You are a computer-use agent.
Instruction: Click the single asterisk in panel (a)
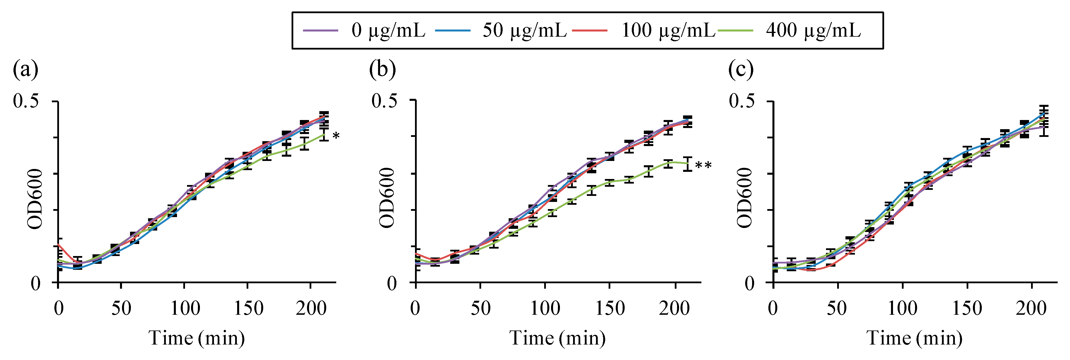[x=336, y=136]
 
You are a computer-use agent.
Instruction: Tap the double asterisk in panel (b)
[x=703, y=166]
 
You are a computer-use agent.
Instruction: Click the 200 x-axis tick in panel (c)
[x=1031, y=308]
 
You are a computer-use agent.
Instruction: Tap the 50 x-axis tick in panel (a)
[x=121, y=308]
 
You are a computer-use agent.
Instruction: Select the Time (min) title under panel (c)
[x=914, y=338]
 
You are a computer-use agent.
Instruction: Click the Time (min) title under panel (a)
[x=196, y=338]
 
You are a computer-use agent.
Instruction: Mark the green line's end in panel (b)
[x=687, y=163]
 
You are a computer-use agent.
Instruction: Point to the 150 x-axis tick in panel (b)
[x=609, y=308]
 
